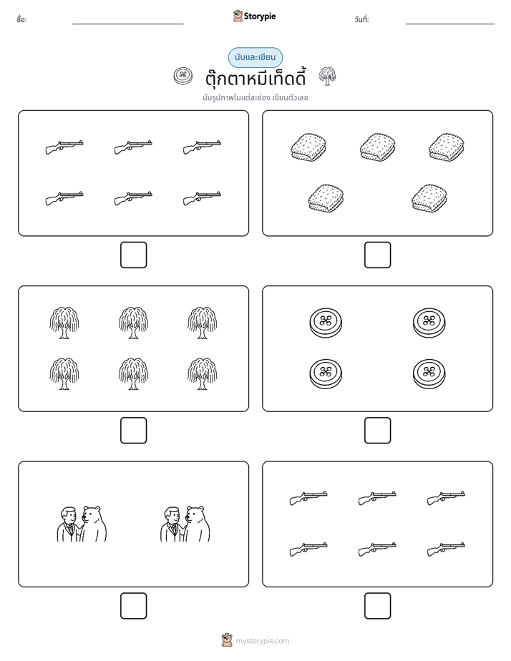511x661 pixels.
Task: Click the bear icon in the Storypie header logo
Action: click(238, 16)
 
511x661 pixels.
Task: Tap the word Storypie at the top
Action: click(260, 16)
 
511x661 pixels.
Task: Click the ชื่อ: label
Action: click(21, 20)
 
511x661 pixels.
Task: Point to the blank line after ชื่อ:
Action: click(127, 24)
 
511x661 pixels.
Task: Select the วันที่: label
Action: click(361, 20)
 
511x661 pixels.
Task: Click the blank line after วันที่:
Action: click(450, 24)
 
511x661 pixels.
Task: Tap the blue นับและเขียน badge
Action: click(255, 57)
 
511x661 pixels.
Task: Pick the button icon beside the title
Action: click(183, 76)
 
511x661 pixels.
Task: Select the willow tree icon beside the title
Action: click(327, 76)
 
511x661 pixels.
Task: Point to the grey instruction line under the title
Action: click(255, 98)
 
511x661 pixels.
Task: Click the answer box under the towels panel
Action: click(377, 255)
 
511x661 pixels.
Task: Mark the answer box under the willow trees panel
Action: click(134, 431)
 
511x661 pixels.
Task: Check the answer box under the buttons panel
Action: click(377, 431)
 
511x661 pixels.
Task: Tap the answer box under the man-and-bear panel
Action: click(134, 606)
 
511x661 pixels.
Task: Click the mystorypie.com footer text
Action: click(262, 641)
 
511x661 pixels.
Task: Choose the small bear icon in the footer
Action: click(227, 640)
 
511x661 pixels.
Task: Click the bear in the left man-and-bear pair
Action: click(93, 524)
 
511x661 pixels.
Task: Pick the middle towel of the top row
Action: click(377, 147)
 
